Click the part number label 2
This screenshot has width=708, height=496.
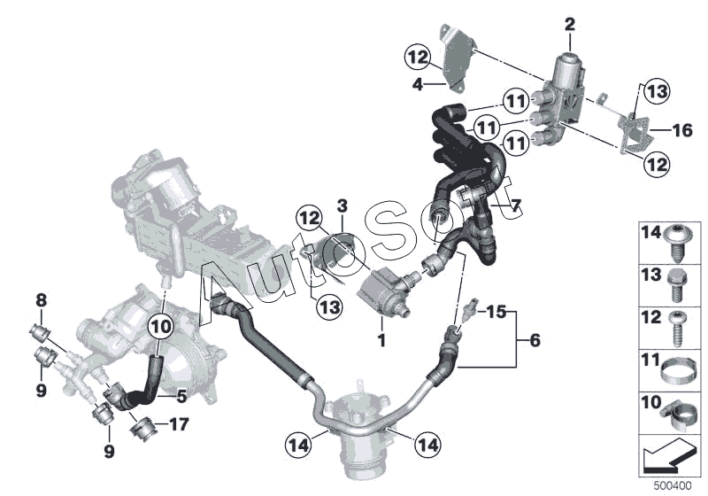(570, 25)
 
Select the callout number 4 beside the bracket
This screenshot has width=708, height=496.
(418, 84)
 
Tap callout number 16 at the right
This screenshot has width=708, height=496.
(682, 130)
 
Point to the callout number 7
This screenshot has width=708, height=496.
(515, 206)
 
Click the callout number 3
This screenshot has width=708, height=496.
(342, 206)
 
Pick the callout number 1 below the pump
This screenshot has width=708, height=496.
(381, 340)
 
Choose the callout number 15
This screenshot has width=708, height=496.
(496, 311)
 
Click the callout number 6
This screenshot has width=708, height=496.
(535, 340)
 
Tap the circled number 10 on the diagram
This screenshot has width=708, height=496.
(162, 326)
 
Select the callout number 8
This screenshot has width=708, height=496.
(41, 299)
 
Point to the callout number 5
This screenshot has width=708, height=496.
(181, 396)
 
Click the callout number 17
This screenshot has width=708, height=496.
(180, 424)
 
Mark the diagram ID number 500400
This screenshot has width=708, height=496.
(673, 486)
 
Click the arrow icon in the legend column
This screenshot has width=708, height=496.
(666, 456)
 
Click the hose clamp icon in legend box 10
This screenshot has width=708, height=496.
(676, 415)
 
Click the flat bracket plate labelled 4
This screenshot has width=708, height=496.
(457, 58)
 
